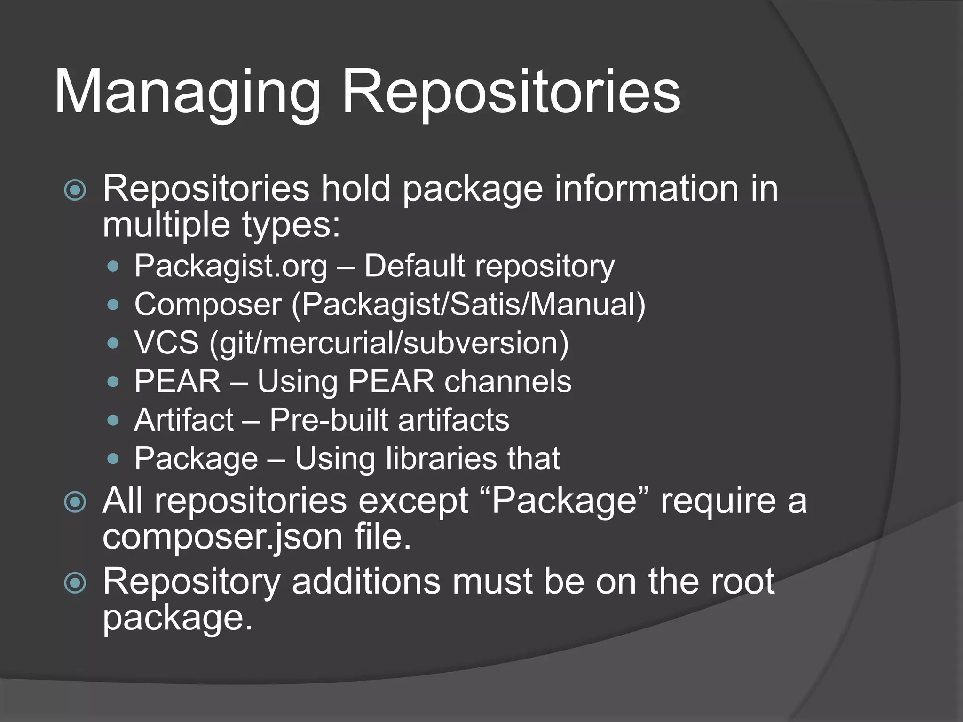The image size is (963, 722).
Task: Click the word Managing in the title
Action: click(188, 93)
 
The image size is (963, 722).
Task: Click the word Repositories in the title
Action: click(511, 93)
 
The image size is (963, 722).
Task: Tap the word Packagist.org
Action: click(230, 267)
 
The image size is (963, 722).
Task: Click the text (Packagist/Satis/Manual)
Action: click(468, 305)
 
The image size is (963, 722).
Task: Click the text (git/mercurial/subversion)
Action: click(389, 343)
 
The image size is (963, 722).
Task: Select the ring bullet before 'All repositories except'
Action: click(75, 502)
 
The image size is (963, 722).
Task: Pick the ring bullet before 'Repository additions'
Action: click(75, 583)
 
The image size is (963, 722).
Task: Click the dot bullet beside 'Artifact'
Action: click(113, 420)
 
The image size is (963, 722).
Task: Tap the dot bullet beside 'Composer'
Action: click(113, 305)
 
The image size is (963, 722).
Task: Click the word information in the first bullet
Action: click(647, 189)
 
